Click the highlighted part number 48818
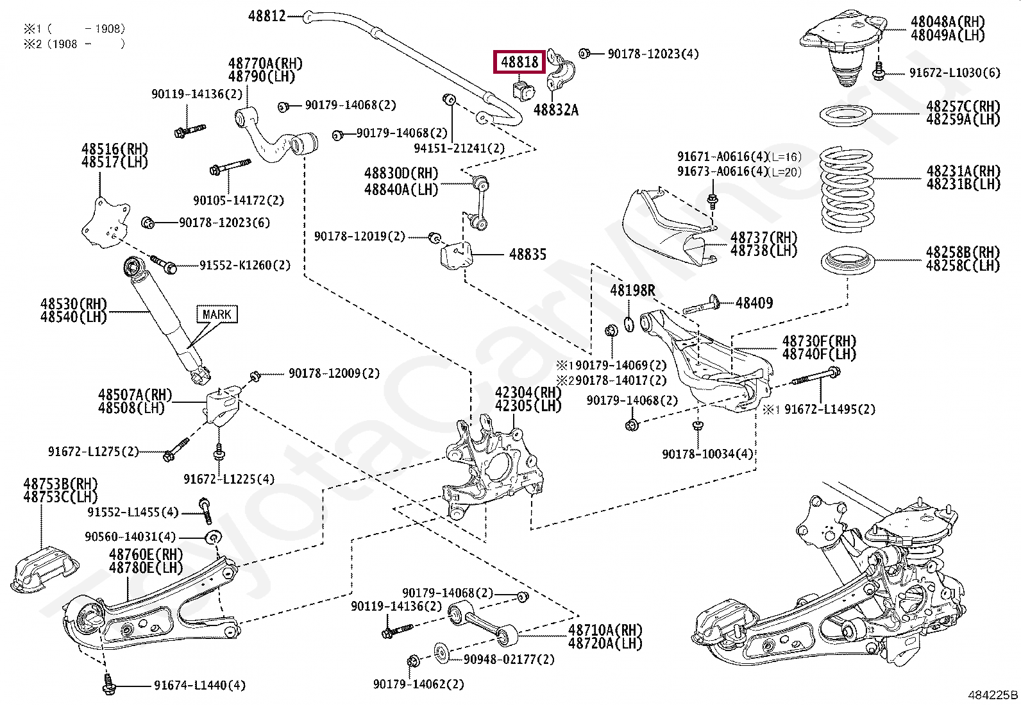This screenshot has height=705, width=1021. pos(519,62)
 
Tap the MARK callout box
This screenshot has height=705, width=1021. pos(217,314)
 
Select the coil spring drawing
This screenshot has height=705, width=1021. pos(847,189)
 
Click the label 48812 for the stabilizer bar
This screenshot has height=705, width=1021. pos(267,16)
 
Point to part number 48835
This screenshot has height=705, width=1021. pos(528,255)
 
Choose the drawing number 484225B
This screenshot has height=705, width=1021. pos(992,695)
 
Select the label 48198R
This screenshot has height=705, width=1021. pos(632,291)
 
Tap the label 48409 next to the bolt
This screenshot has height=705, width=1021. pos(754,303)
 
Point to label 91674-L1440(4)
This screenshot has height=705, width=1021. pos(199,686)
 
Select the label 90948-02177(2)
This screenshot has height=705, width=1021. pos(509,659)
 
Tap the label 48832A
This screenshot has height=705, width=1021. pos(556,110)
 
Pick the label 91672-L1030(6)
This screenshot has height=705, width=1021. pos(954,72)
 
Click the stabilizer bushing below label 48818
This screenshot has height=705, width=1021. pos(524,89)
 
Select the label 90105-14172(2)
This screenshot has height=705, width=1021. pos(238,200)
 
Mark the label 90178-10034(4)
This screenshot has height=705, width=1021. pos(707,454)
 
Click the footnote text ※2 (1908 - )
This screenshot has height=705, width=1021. pos(74,44)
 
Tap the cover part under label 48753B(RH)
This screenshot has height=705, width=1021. pos(45,569)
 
